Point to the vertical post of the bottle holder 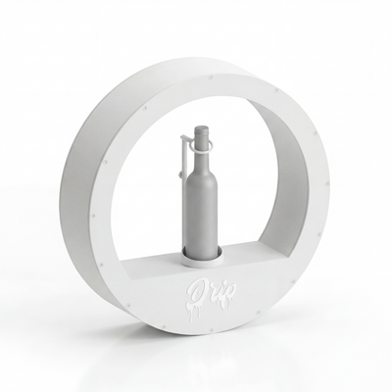[x=181, y=156]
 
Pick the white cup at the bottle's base [x=203, y=256]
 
